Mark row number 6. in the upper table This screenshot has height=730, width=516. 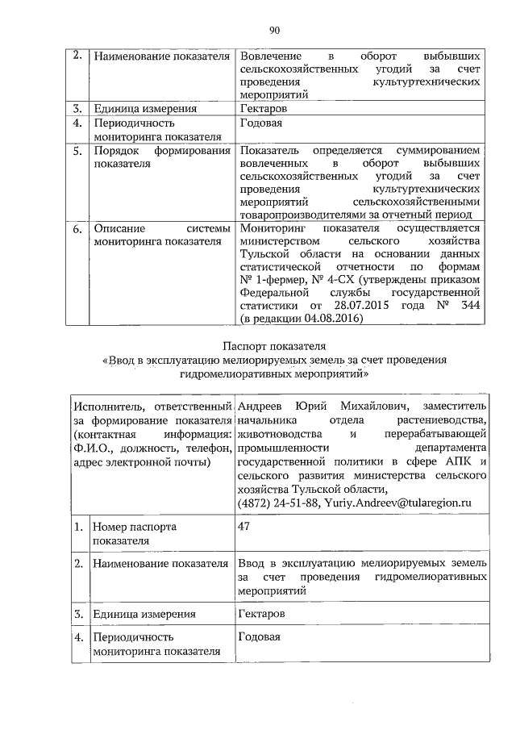point(77,228)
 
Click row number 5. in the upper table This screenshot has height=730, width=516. point(77,150)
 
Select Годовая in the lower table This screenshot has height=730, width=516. point(260,636)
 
